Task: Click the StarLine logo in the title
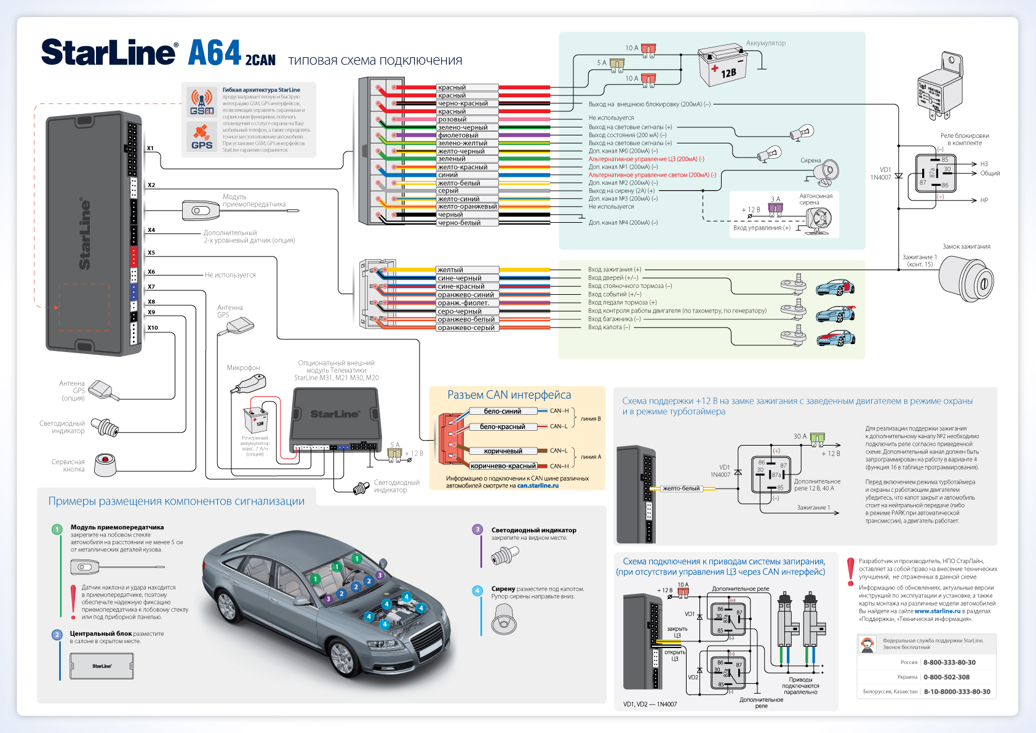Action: point(110,52)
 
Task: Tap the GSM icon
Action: point(202,102)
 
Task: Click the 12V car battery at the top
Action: point(723,65)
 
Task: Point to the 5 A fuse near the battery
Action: point(617,63)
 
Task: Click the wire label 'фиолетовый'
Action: point(458,135)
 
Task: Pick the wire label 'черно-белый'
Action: point(458,223)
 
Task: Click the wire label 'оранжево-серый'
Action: point(466,327)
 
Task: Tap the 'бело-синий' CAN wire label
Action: point(502,411)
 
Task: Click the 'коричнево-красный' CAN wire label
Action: point(503,466)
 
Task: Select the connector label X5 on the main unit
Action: point(151,253)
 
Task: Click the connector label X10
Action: point(153,328)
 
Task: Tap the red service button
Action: point(106,463)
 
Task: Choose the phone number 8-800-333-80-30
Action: point(949,662)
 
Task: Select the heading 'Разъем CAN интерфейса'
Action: point(509,395)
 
